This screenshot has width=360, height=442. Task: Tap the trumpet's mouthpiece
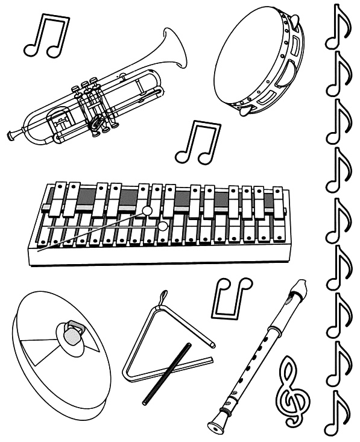tap(12, 134)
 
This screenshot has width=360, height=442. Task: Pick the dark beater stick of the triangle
tap(166, 374)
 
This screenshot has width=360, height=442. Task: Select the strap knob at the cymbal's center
tap(71, 333)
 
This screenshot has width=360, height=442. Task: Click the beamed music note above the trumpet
tap(45, 36)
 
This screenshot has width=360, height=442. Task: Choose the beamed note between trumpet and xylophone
tap(198, 143)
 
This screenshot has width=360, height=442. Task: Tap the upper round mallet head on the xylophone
tap(147, 210)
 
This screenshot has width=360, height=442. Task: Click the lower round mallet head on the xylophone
tap(162, 227)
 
